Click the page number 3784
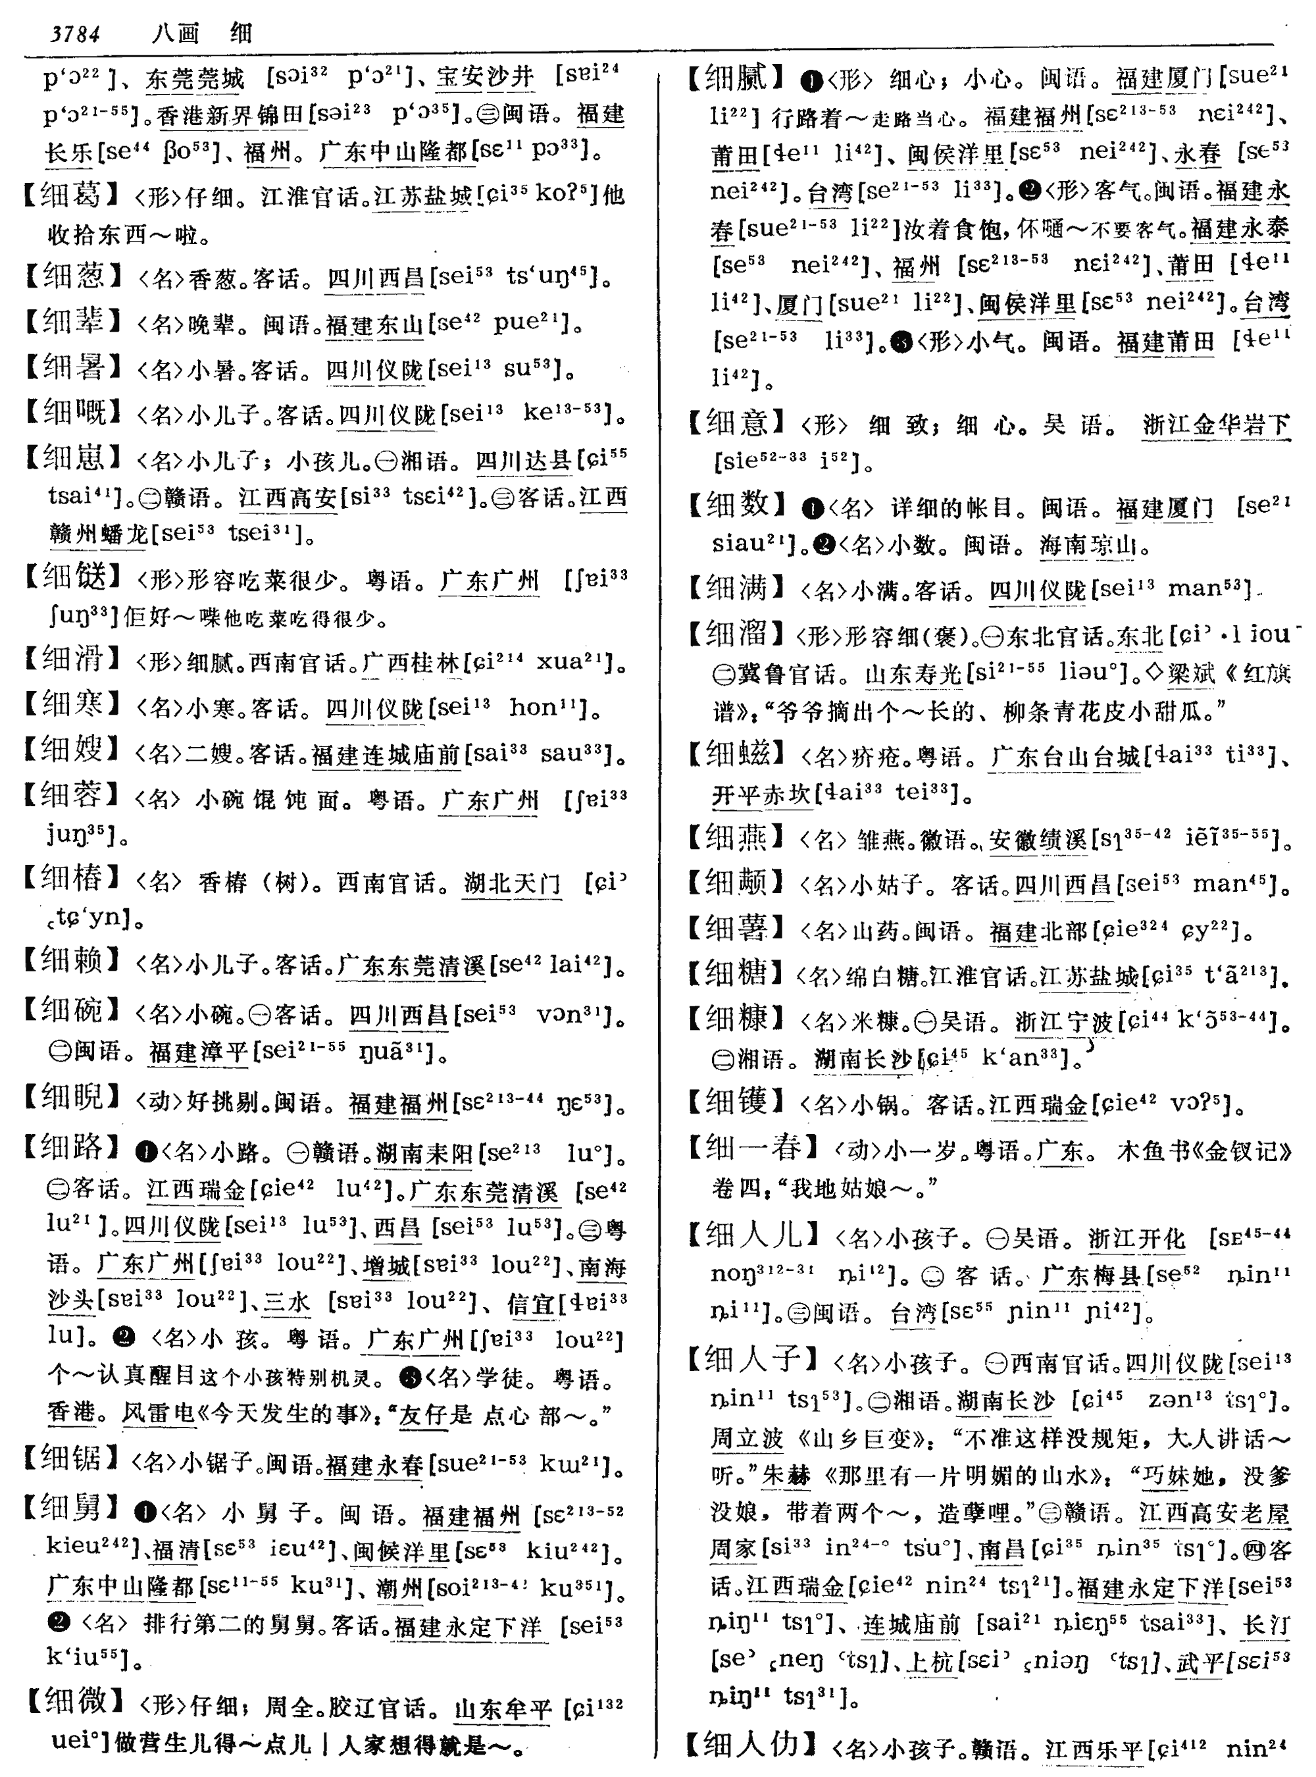pos(75,34)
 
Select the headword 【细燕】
pos(737,838)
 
